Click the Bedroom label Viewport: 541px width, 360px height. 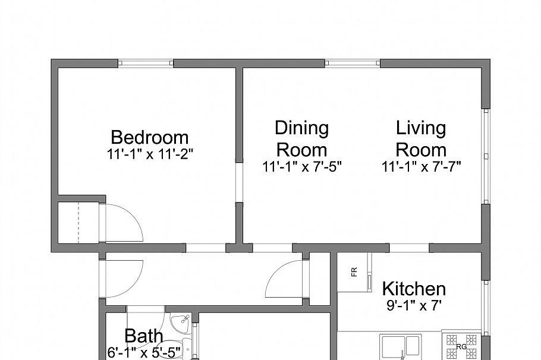149,137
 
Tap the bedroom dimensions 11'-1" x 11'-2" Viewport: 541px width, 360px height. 150,154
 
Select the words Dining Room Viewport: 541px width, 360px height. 301,138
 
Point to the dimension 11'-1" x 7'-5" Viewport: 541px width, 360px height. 301,166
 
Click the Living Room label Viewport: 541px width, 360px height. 421,138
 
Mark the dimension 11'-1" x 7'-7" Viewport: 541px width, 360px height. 422,166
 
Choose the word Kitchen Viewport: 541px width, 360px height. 413,289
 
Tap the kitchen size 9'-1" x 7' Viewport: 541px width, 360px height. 414,306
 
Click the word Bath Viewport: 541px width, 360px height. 143,336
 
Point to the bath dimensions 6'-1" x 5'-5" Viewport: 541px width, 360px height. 143,352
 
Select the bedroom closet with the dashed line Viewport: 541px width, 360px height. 80,222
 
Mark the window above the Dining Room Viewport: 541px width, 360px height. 352,62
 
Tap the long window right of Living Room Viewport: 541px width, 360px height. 486,156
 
